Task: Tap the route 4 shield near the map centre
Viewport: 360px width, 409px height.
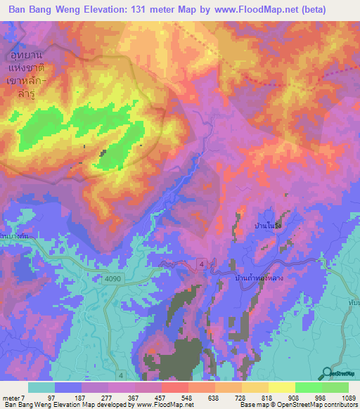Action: point(202,264)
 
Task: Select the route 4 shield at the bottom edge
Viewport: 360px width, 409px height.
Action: point(121,376)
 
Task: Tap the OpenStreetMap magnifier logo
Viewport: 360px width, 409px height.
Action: point(327,373)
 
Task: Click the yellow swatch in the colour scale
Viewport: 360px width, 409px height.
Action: point(281,387)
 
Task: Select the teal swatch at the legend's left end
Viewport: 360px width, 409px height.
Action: point(41,387)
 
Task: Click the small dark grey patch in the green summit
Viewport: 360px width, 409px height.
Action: point(103,152)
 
